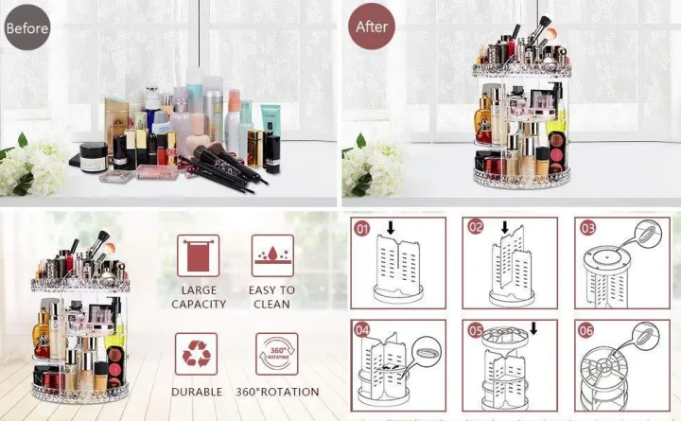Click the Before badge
pyautogui.click(x=26, y=27)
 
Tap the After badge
pyautogui.click(x=371, y=26)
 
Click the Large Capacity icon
pyautogui.click(x=198, y=255)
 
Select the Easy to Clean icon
pyautogui.click(x=271, y=255)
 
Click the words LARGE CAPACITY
pyautogui.click(x=199, y=297)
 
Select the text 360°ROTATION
pyautogui.click(x=278, y=392)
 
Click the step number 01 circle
pyautogui.click(x=362, y=230)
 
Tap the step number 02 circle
pyautogui.click(x=476, y=229)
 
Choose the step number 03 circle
pyautogui.click(x=588, y=229)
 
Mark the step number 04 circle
pyautogui.click(x=362, y=330)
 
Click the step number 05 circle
pyautogui.click(x=476, y=330)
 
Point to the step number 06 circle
pyautogui.click(x=588, y=330)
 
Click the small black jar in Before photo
pyautogui.click(x=93, y=155)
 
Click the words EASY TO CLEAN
pyautogui.click(x=271, y=297)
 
